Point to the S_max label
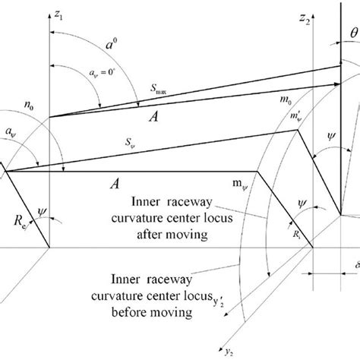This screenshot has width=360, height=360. (156, 90)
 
